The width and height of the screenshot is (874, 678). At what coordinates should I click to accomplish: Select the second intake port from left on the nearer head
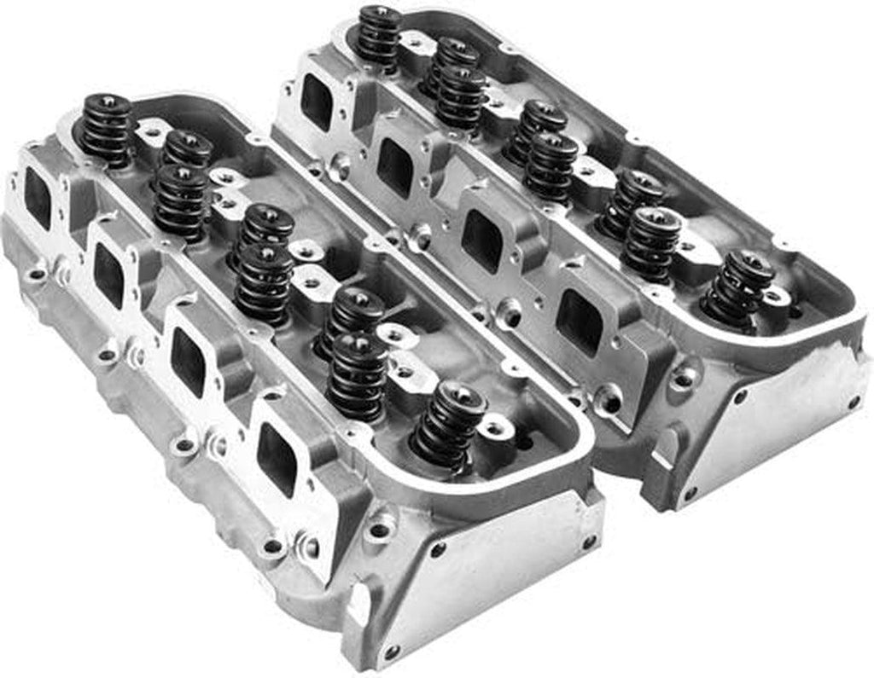click(x=108, y=275)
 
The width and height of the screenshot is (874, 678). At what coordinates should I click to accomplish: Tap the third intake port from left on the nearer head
click(x=187, y=361)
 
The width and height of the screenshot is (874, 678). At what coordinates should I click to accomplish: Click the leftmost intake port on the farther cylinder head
click(x=317, y=102)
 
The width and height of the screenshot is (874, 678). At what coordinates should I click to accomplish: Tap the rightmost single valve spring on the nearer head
click(x=448, y=426)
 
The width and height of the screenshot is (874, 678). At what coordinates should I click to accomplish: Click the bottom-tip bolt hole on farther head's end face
click(x=690, y=492)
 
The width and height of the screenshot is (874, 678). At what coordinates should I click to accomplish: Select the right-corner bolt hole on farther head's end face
click(x=854, y=400)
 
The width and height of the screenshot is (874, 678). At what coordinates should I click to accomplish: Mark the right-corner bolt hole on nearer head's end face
click(x=588, y=542)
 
